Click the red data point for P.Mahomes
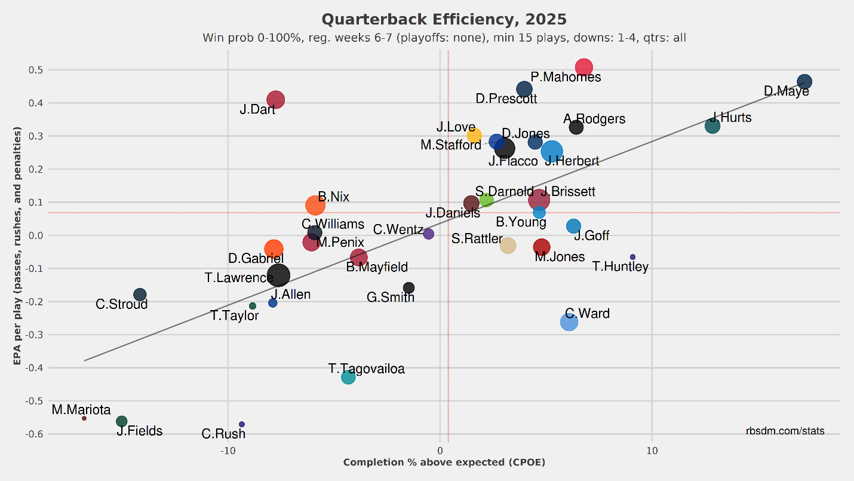583,68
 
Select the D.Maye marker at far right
804,82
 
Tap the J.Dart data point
275,100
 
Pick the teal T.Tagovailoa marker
348,377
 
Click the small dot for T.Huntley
632,257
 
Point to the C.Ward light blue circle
569,322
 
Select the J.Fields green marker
121,421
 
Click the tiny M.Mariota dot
84,418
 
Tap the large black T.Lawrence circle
279,275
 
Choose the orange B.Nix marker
315,206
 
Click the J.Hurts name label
730,118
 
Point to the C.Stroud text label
121,305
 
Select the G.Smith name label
391,297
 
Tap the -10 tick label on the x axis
228,451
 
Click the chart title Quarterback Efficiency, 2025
444,20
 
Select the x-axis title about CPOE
444,462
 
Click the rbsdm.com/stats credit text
785,431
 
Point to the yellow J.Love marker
474,135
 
